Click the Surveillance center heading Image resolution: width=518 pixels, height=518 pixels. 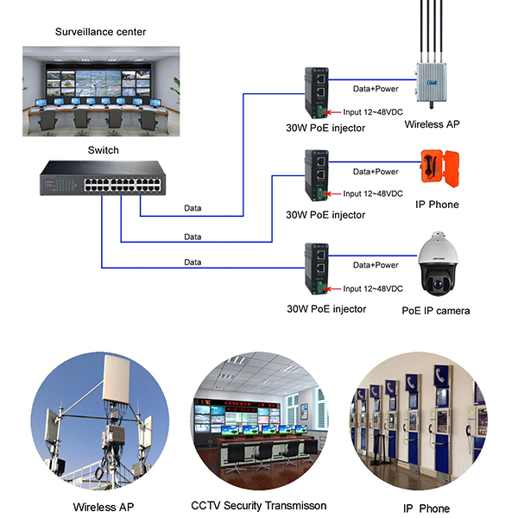click(x=100, y=32)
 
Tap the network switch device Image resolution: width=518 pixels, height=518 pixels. click(x=103, y=178)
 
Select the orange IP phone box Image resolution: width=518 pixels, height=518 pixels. click(x=439, y=168)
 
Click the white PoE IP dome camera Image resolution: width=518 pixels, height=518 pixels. click(x=438, y=263)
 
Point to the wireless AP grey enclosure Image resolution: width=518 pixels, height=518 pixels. click(x=432, y=83)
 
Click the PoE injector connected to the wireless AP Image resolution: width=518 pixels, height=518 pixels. click(x=317, y=92)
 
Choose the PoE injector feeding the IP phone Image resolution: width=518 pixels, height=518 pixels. click(x=317, y=175)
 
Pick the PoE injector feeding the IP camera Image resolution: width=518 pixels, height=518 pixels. click(x=317, y=268)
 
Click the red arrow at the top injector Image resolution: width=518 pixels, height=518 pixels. click(x=332, y=112)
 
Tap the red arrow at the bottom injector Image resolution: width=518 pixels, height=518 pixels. click(x=332, y=289)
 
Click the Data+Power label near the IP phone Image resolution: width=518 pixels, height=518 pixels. click(x=376, y=172)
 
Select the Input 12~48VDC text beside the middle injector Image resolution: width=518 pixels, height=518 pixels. click(x=373, y=193)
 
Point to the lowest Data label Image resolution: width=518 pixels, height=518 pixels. click(x=193, y=262)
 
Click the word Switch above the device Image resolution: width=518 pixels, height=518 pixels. click(x=104, y=150)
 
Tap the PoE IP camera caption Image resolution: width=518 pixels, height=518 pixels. click(x=436, y=311)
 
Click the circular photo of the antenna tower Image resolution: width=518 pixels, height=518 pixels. click(x=100, y=421)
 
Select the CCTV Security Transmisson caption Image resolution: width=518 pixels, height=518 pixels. click(x=259, y=506)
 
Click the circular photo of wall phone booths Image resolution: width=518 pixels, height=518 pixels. click(x=418, y=421)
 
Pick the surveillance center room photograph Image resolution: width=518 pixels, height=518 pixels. click(x=101, y=92)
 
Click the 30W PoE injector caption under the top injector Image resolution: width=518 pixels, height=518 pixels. click(x=325, y=128)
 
